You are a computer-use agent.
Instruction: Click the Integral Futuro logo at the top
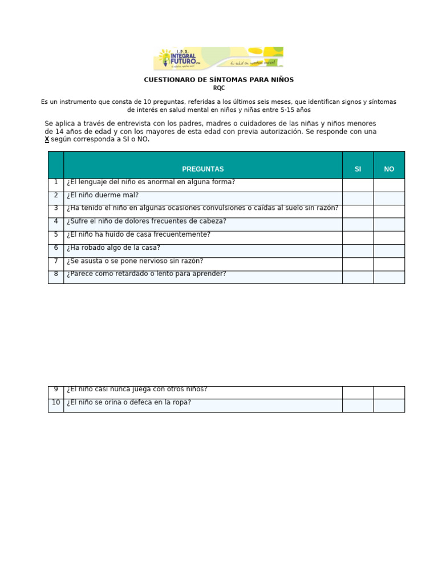coord(218,58)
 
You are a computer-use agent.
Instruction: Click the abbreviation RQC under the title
coord(219,88)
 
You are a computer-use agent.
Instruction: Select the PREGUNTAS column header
coord(202,169)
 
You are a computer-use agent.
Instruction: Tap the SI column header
coord(358,169)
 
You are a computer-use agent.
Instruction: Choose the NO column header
coord(389,169)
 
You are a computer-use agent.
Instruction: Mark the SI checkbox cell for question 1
coord(358,185)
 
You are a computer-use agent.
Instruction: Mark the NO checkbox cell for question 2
coord(389,198)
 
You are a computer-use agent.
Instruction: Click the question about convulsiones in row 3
coord(202,208)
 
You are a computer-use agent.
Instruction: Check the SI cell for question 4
coord(358,224)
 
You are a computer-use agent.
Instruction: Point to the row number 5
coord(56,234)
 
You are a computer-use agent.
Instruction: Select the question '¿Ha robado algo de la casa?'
coord(113,248)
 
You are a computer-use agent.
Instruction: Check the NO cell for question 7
coord(389,263)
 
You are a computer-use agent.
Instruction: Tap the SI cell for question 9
coord(358,392)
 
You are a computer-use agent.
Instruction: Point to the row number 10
coord(56,403)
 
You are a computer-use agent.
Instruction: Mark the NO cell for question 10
coord(389,405)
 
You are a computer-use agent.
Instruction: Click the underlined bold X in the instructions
coord(47,140)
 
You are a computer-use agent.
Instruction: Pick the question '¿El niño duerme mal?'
coord(103,195)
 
